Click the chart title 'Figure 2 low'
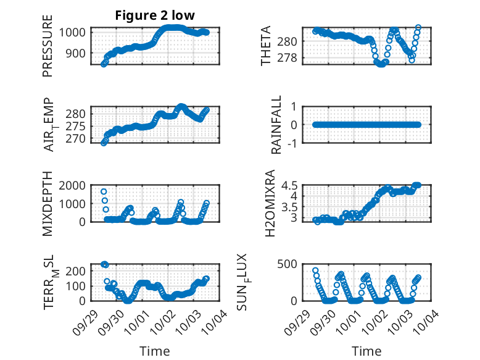point(155,15)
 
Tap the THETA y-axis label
point(266,46)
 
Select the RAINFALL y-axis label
point(277,125)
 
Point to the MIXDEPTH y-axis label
point(48,204)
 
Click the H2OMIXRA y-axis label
point(270,204)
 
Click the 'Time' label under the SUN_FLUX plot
point(366,351)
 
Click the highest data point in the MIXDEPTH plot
point(104,191)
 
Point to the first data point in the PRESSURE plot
point(104,64)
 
